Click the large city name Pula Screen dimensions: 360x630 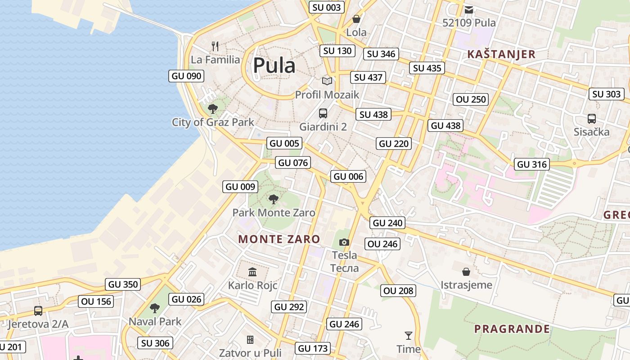point(274,66)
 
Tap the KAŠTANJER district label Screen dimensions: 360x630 point(501,54)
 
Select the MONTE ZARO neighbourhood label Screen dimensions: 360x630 point(279,239)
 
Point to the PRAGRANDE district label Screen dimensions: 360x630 point(512,329)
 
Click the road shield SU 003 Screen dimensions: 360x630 point(327,7)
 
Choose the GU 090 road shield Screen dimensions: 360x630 point(187,76)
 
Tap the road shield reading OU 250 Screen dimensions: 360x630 point(471,99)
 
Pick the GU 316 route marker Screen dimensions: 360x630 point(532,164)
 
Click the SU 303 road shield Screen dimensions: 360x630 point(607,94)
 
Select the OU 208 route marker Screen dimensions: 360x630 point(398,291)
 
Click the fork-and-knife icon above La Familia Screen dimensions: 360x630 point(215,46)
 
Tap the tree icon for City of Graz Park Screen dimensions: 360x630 point(213,108)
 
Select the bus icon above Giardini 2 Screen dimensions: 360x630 point(323,113)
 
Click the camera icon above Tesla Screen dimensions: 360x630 point(344,242)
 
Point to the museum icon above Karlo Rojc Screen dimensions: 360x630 point(252,272)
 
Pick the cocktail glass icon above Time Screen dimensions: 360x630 point(409,335)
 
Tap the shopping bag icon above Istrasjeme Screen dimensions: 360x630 point(466,272)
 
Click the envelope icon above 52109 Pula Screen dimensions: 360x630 point(469,10)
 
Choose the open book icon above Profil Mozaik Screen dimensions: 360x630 point(327,81)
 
